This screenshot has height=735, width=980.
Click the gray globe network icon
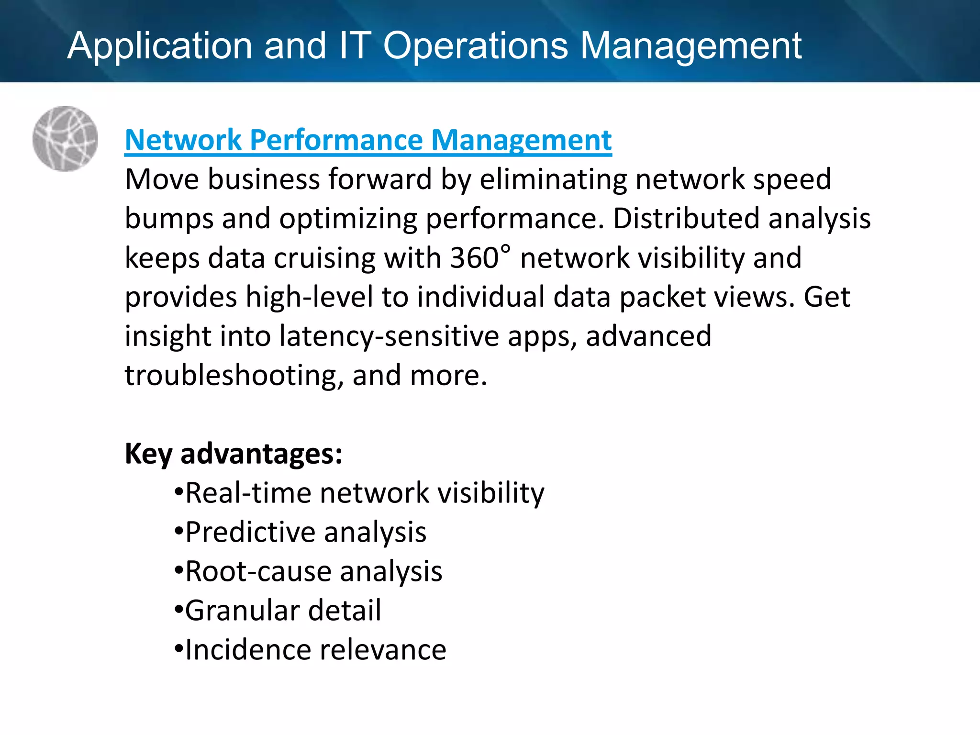(65, 139)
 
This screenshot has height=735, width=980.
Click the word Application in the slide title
(159, 46)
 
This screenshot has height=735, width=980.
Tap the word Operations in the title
(476, 46)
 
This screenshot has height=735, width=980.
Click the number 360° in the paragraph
(480, 257)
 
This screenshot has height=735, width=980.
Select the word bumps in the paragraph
(169, 219)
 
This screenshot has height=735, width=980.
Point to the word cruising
(324, 258)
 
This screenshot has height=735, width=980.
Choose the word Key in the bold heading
(148, 454)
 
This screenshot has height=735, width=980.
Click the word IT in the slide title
(353, 46)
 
